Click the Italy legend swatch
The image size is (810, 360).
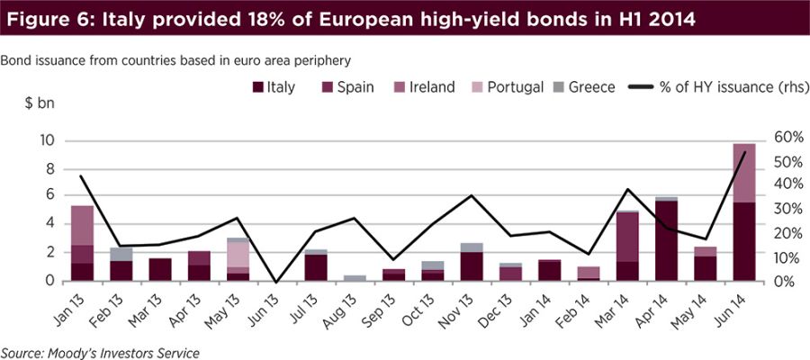pyautogui.click(x=258, y=87)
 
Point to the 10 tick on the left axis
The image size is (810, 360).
pyautogui.click(x=47, y=140)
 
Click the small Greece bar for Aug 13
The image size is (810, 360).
pyautogui.click(x=355, y=278)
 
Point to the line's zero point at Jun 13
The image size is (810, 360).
pyautogui.click(x=276, y=282)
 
